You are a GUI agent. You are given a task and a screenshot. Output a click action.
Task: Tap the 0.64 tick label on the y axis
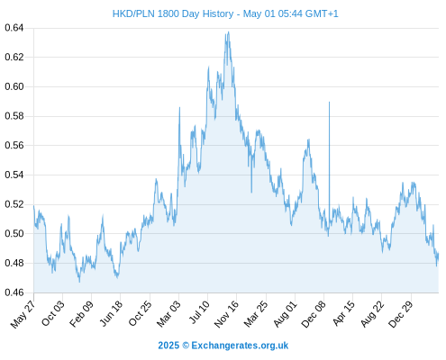[14, 28]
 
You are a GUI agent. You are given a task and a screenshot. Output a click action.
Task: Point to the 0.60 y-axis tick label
[14, 86]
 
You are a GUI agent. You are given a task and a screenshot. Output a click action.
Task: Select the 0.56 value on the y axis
[14, 146]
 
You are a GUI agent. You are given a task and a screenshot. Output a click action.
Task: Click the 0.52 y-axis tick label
[14, 204]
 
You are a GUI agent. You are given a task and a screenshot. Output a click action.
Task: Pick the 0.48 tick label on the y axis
[14, 263]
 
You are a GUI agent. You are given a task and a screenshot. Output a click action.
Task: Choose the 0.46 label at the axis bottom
[14, 292]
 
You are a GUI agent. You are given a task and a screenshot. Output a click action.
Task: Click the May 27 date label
[23, 314]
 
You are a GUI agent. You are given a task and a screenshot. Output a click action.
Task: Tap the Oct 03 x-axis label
[52, 313]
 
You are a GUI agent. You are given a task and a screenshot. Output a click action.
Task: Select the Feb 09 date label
[81, 314]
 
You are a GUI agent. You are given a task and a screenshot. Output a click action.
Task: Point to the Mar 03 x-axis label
[169, 313]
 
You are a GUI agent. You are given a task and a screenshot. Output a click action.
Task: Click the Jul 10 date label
[199, 312]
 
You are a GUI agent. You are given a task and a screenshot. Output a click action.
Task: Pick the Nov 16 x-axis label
[226, 314]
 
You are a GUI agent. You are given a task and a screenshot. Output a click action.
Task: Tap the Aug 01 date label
[285, 314]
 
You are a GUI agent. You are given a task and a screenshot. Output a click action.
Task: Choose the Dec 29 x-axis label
[401, 314]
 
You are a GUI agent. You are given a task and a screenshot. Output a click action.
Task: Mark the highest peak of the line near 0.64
[229, 31]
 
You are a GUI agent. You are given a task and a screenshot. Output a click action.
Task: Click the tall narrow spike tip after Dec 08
[329, 102]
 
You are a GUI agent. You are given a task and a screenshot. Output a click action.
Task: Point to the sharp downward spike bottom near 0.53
[251, 193]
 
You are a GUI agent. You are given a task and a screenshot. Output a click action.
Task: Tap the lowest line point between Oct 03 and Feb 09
[79, 282]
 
